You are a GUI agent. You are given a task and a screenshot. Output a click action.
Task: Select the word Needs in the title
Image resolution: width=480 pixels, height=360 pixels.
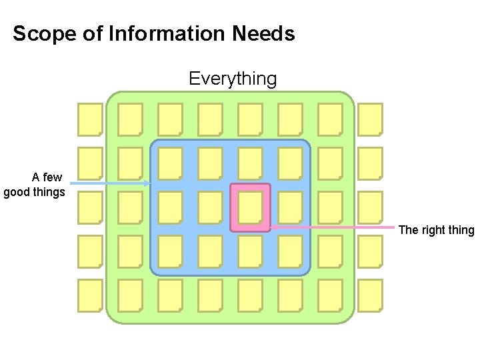pyautogui.click(x=264, y=33)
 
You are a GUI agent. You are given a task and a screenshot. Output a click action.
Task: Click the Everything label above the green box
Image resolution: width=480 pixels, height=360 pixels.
pyautogui.click(x=232, y=79)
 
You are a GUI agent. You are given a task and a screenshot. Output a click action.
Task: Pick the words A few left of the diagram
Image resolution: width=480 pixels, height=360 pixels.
pyautogui.click(x=47, y=177)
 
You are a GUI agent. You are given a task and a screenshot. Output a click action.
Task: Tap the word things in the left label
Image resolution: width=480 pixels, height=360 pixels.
pyautogui.click(x=49, y=193)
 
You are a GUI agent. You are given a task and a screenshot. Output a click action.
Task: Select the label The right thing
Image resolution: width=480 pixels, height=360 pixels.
pyautogui.click(x=436, y=230)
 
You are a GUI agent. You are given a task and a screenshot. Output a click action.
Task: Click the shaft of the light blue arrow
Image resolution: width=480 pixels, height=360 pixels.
pyautogui.click(x=107, y=183)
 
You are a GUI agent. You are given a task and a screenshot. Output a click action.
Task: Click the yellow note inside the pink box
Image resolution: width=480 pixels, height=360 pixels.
pyautogui.click(x=250, y=207)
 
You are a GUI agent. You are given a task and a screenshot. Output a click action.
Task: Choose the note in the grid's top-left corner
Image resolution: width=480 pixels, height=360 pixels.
pyautogui.click(x=90, y=119)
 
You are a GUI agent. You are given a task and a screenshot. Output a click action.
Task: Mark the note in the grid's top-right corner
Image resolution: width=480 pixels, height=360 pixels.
pyautogui.click(x=370, y=119)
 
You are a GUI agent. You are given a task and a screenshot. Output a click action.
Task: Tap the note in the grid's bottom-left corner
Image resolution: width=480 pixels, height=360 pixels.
pyautogui.click(x=90, y=295)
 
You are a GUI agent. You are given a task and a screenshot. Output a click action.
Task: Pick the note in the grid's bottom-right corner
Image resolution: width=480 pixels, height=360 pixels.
pyautogui.click(x=370, y=295)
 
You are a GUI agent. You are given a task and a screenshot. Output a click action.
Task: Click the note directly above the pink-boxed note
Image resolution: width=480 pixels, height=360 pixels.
pyautogui.click(x=250, y=163)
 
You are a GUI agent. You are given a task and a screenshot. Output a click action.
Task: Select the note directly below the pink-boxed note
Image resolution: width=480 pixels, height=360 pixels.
pyautogui.click(x=250, y=251)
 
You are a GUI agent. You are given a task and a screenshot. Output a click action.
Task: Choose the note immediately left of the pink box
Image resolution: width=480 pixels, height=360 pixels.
pyautogui.click(x=210, y=207)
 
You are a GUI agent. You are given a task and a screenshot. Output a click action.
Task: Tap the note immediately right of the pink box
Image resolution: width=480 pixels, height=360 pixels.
pyautogui.click(x=290, y=207)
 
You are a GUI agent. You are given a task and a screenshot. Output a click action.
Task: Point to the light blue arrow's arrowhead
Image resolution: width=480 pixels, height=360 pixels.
pyautogui.click(x=148, y=183)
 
